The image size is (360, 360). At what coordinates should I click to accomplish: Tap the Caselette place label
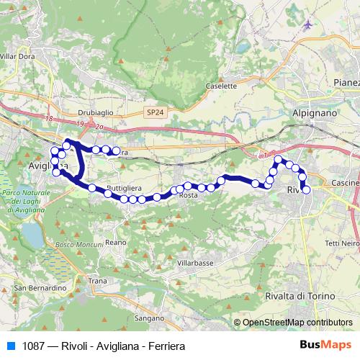(221, 86)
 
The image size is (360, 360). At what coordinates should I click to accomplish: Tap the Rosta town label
(188, 196)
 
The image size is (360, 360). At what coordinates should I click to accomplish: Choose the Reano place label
(115, 243)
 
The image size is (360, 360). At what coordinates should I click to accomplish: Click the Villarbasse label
(195, 264)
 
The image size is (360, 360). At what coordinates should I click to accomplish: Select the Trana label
(97, 280)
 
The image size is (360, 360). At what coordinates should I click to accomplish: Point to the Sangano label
(149, 318)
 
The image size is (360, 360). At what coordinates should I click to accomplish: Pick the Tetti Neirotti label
(343, 243)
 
